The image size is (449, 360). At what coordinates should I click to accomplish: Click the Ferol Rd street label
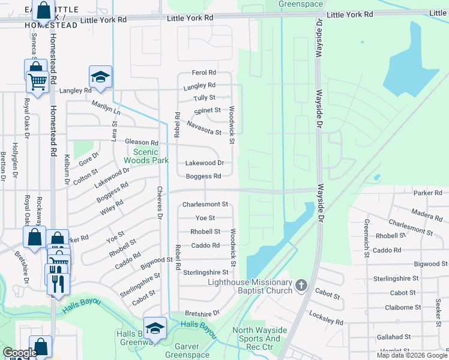[x=203, y=73]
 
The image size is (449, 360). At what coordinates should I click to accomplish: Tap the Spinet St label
[x=208, y=111]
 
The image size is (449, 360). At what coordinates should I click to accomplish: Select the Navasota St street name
[x=204, y=127]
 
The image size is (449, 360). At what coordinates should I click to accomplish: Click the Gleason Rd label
[x=141, y=143]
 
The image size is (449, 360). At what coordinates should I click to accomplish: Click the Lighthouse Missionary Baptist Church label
[x=250, y=286]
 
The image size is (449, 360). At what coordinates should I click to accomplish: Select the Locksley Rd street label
[x=326, y=317]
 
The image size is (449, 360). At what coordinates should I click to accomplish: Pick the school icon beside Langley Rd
[x=100, y=77]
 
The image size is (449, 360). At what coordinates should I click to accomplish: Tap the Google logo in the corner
[x=19, y=353]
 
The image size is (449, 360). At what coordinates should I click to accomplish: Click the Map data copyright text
[x=412, y=355]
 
